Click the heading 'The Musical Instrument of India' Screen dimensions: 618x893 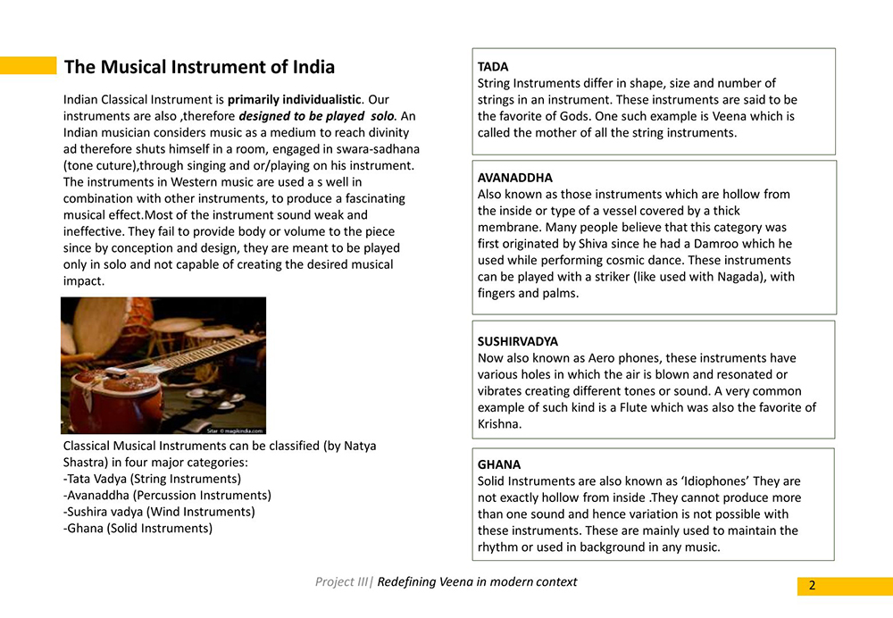[200, 67]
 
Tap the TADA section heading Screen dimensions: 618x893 [493, 67]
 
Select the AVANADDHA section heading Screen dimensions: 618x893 [515, 178]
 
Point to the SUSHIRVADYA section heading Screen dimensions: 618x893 [518, 341]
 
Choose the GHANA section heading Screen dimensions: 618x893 [499, 464]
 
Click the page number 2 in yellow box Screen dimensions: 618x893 [812, 586]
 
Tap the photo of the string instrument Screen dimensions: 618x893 [163, 365]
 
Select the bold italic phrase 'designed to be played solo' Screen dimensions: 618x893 [316, 116]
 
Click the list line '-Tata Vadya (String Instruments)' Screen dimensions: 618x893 [153, 479]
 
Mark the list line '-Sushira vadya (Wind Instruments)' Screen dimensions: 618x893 [160, 512]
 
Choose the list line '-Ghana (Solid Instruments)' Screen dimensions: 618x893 [138, 528]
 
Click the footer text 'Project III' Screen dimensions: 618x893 [341, 582]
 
